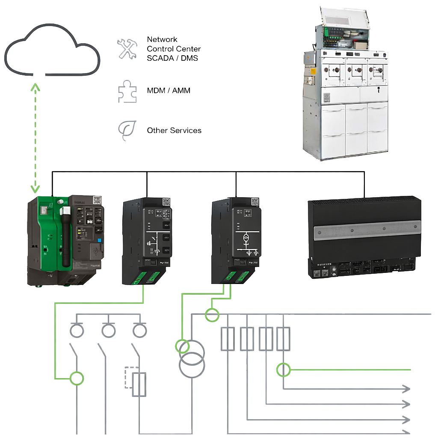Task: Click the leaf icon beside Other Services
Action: [127, 130]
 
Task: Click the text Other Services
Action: [174, 130]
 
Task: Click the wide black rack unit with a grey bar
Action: [364, 237]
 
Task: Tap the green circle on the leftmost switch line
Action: [77, 378]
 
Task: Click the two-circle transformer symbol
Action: [192, 355]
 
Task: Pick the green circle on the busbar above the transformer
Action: [212, 315]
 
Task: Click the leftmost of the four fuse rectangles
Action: [227, 339]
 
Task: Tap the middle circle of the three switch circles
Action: [107, 330]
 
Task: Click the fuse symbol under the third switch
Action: [139, 384]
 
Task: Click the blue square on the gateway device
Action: [99, 241]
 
